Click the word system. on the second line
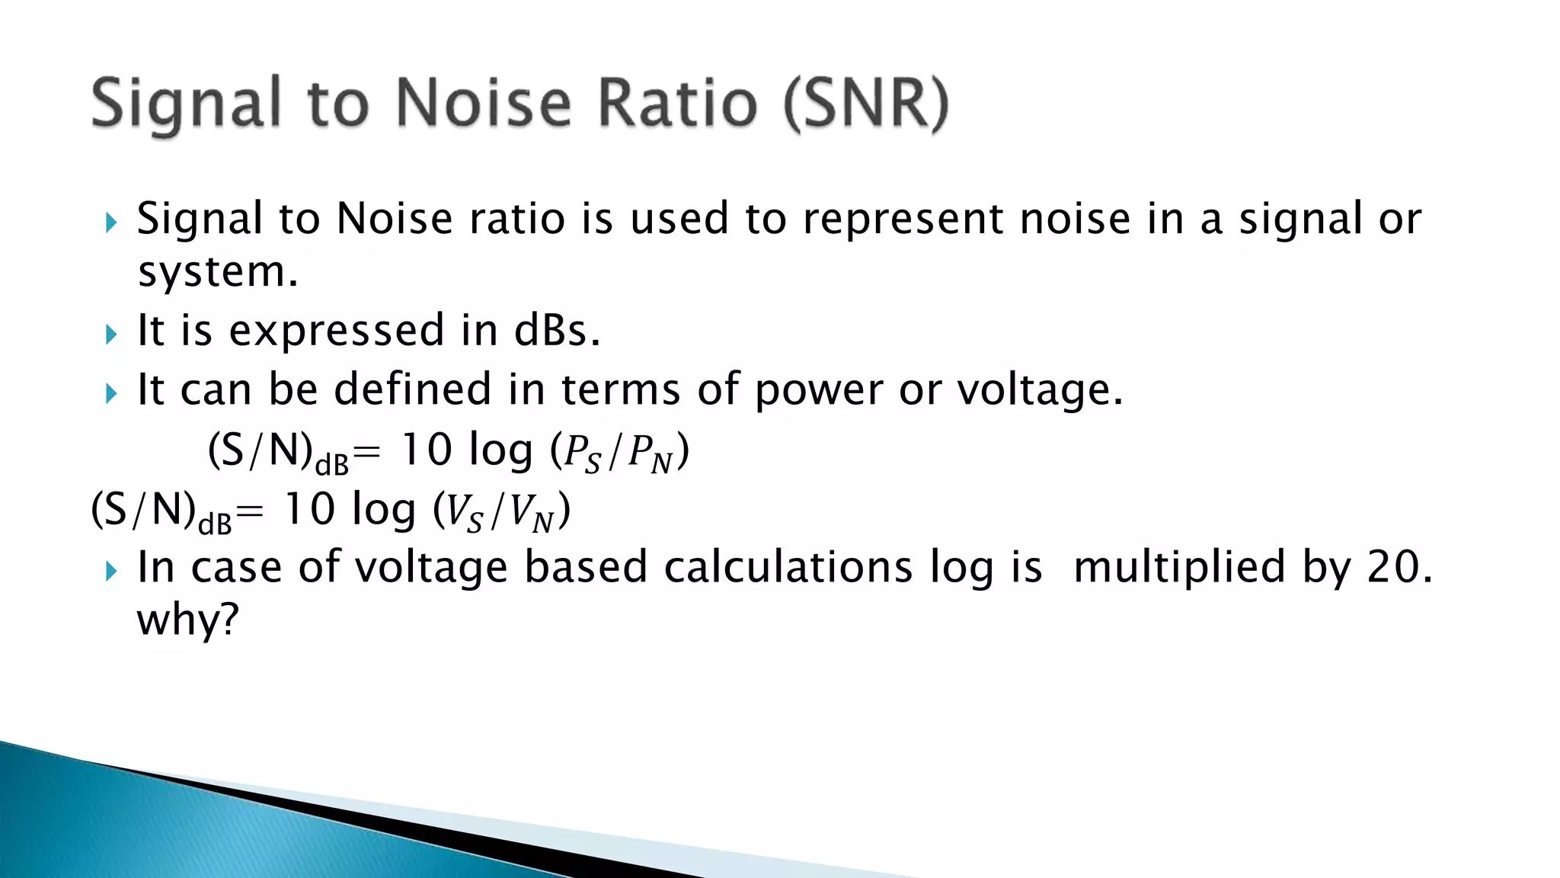click(218, 272)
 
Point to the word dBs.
click(557, 331)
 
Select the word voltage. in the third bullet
click(1040, 391)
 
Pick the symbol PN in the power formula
click(650, 453)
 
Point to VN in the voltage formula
click(531, 512)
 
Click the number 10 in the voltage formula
click(308, 510)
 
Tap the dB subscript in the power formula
click(331, 464)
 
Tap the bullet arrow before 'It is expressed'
click(111, 334)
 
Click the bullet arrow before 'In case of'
click(111, 571)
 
